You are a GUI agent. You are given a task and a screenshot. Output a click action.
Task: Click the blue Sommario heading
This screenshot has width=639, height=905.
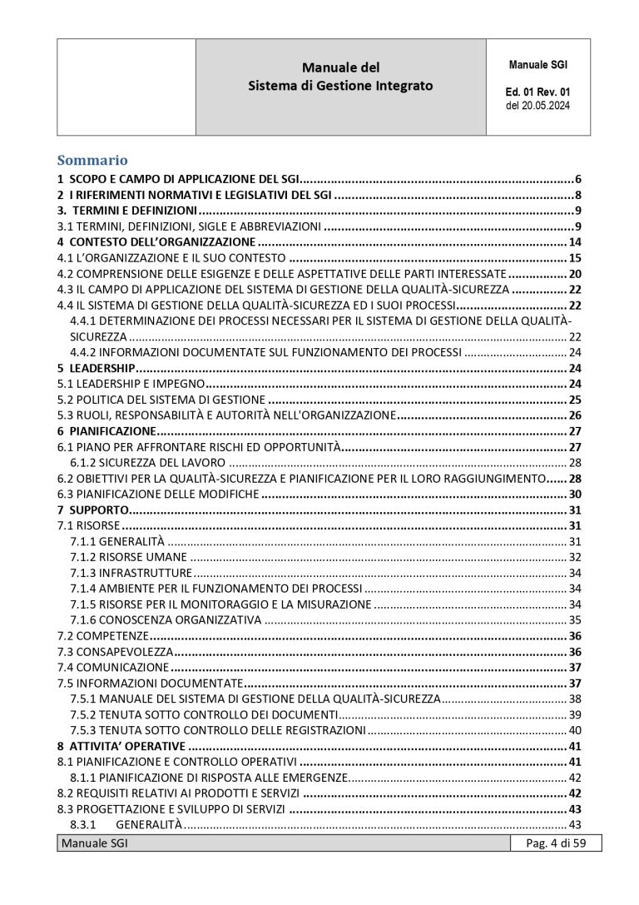coord(92,160)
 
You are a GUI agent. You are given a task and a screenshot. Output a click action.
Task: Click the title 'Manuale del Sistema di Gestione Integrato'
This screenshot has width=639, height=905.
coord(341,76)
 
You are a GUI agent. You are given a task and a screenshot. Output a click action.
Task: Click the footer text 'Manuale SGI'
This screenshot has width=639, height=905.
coord(93,844)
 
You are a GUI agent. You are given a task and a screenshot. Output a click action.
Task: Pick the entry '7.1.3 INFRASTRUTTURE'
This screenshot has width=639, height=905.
coord(131,573)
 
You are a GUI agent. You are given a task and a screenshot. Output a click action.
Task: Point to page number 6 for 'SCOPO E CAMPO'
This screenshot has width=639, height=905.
coord(577,179)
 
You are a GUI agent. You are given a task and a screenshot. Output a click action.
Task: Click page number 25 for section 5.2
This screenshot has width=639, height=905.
coord(574,400)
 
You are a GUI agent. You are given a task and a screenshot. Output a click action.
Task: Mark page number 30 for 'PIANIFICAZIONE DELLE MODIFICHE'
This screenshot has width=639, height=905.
coord(574,494)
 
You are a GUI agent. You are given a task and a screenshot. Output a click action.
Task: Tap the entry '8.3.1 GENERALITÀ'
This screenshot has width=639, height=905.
coord(126,824)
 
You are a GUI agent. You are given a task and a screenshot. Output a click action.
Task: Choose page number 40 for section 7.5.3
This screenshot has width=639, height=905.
coord(574,730)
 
